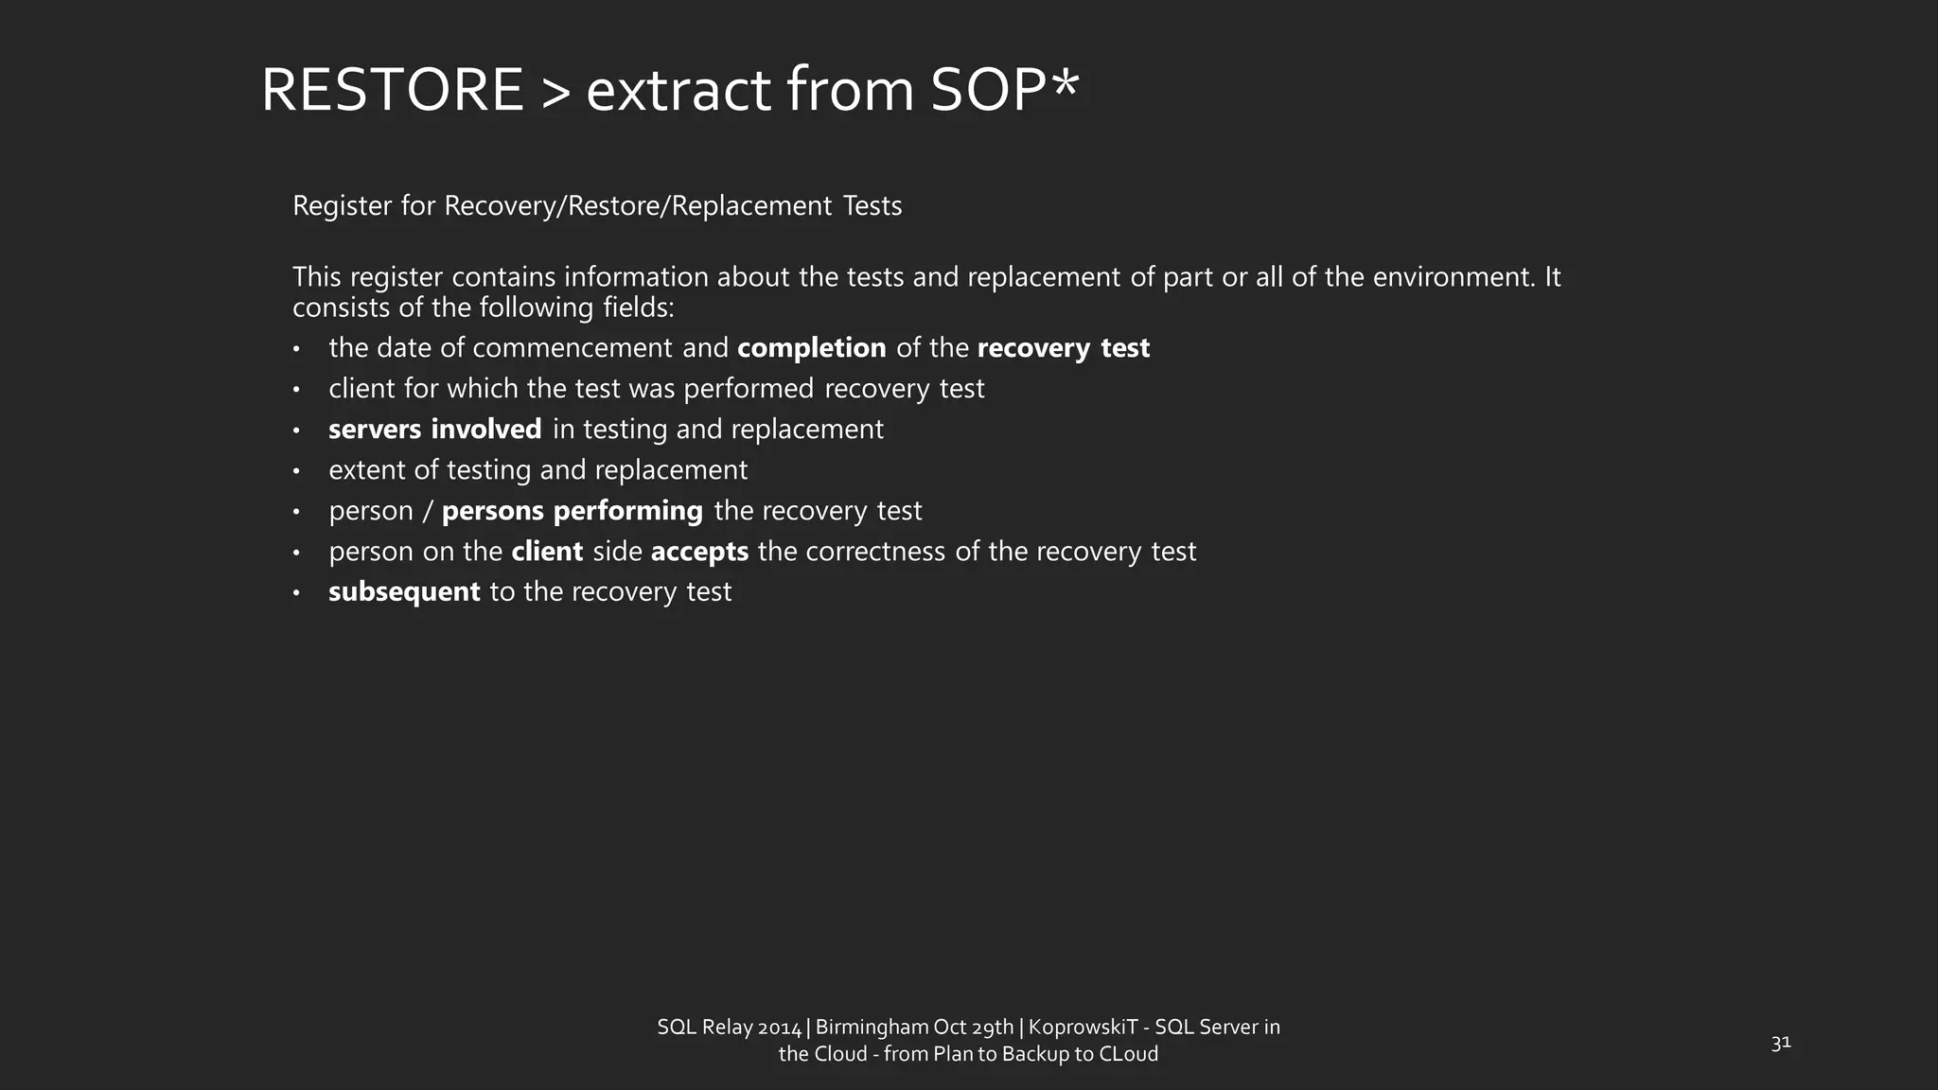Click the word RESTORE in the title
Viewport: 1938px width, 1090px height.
[x=392, y=91]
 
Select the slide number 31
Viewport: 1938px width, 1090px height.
[x=1780, y=1043]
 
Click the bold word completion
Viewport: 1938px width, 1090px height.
[x=811, y=348]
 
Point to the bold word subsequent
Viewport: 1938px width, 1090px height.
[x=404, y=592]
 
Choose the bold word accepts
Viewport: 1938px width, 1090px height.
[x=699, y=552]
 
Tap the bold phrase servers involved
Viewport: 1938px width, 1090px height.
[x=434, y=430]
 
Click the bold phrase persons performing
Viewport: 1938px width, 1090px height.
[x=572, y=511]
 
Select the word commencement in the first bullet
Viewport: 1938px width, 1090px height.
[x=573, y=348]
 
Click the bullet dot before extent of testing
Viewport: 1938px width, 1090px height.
[x=296, y=471]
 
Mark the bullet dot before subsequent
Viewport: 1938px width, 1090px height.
[x=296, y=593]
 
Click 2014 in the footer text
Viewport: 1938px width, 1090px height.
[x=780, y=1028]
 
